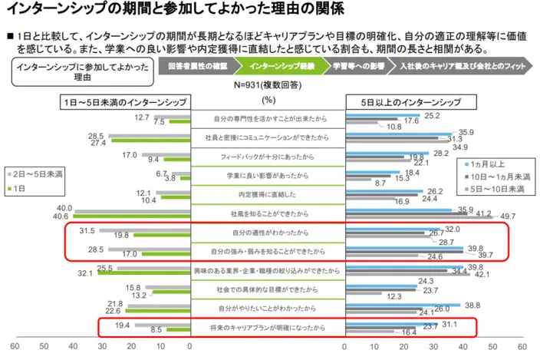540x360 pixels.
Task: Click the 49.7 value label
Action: click(508, 216)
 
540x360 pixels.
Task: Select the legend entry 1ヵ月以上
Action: click(493, 164)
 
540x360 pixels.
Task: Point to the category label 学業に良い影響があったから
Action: click(268, 175)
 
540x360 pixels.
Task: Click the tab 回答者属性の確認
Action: click(198, 67)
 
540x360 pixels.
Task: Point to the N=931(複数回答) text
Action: click(268, 85)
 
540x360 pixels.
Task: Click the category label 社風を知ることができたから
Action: click(268, 213)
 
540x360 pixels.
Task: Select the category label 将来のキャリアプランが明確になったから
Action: click(268, 328)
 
